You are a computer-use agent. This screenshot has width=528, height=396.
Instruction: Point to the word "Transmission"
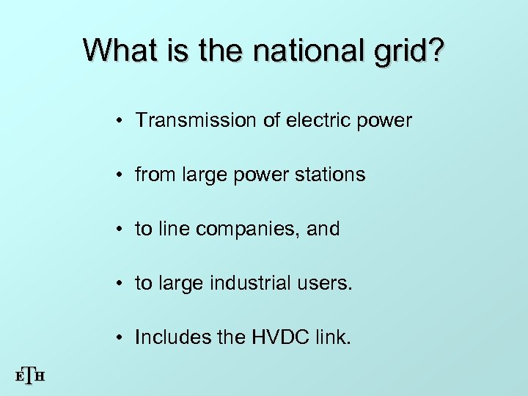click(191, 120)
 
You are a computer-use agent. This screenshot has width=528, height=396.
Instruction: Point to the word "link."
click(331, 337)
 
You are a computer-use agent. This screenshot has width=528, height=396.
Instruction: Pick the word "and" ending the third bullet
click(324, 229)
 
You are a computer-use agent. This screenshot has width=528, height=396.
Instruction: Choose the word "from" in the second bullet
click(151, 175)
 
